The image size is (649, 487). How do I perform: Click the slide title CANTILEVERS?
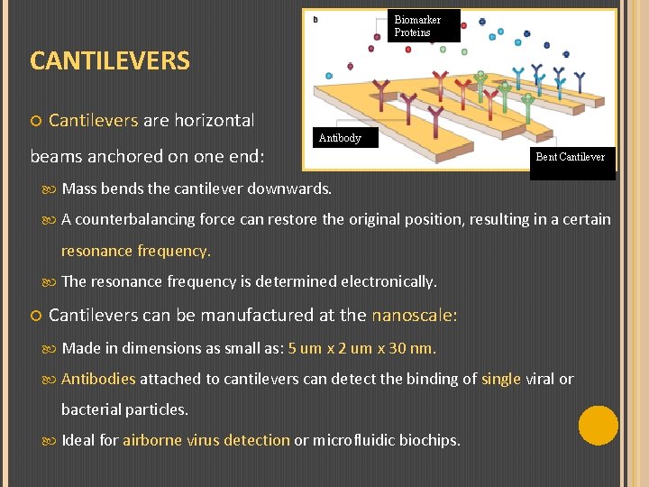tap(110, 61)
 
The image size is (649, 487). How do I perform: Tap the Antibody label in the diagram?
tap(340, 138)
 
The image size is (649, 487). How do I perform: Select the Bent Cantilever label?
tap(571, 157)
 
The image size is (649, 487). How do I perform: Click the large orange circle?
tap(599, 426)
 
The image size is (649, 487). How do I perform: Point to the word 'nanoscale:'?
tap(415, 316)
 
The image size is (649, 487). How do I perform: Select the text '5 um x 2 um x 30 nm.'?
tap(362, 348)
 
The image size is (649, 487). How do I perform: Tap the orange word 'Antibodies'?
tap(98, 379)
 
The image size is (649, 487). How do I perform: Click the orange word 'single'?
tap(501, 379)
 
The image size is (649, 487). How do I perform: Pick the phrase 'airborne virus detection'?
tap(206, 440)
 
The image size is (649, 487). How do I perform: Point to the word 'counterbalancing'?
tap(131, 219)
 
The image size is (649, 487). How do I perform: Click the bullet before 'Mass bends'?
tap(51, 189)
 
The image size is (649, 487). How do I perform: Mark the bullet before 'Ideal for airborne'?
tap(51, 441)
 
